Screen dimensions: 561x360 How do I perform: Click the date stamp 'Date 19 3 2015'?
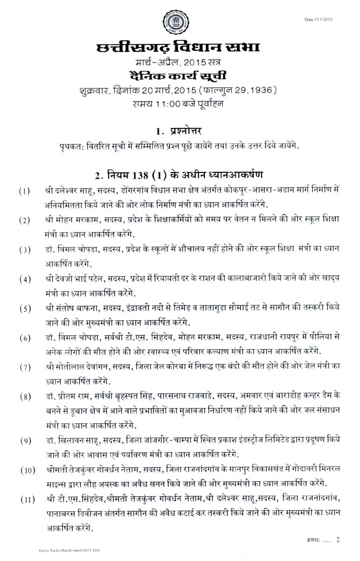click(x=334, y=19)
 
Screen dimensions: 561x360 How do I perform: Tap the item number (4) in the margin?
click(x=24, y=280)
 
